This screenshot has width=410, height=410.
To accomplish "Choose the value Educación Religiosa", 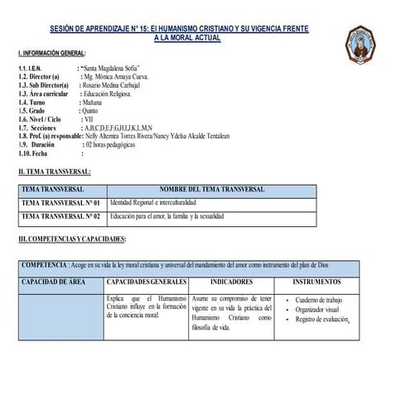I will [109, 94].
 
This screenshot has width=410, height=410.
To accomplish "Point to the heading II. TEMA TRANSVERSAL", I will [55, 171].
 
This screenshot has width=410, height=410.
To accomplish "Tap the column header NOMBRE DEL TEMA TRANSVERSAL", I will [212, 190].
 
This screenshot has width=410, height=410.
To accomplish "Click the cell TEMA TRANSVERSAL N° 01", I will [60, 203].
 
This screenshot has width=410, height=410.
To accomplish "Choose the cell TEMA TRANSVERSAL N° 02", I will [60, 217].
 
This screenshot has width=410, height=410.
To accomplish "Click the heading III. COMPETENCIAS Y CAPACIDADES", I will [72, 239].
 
